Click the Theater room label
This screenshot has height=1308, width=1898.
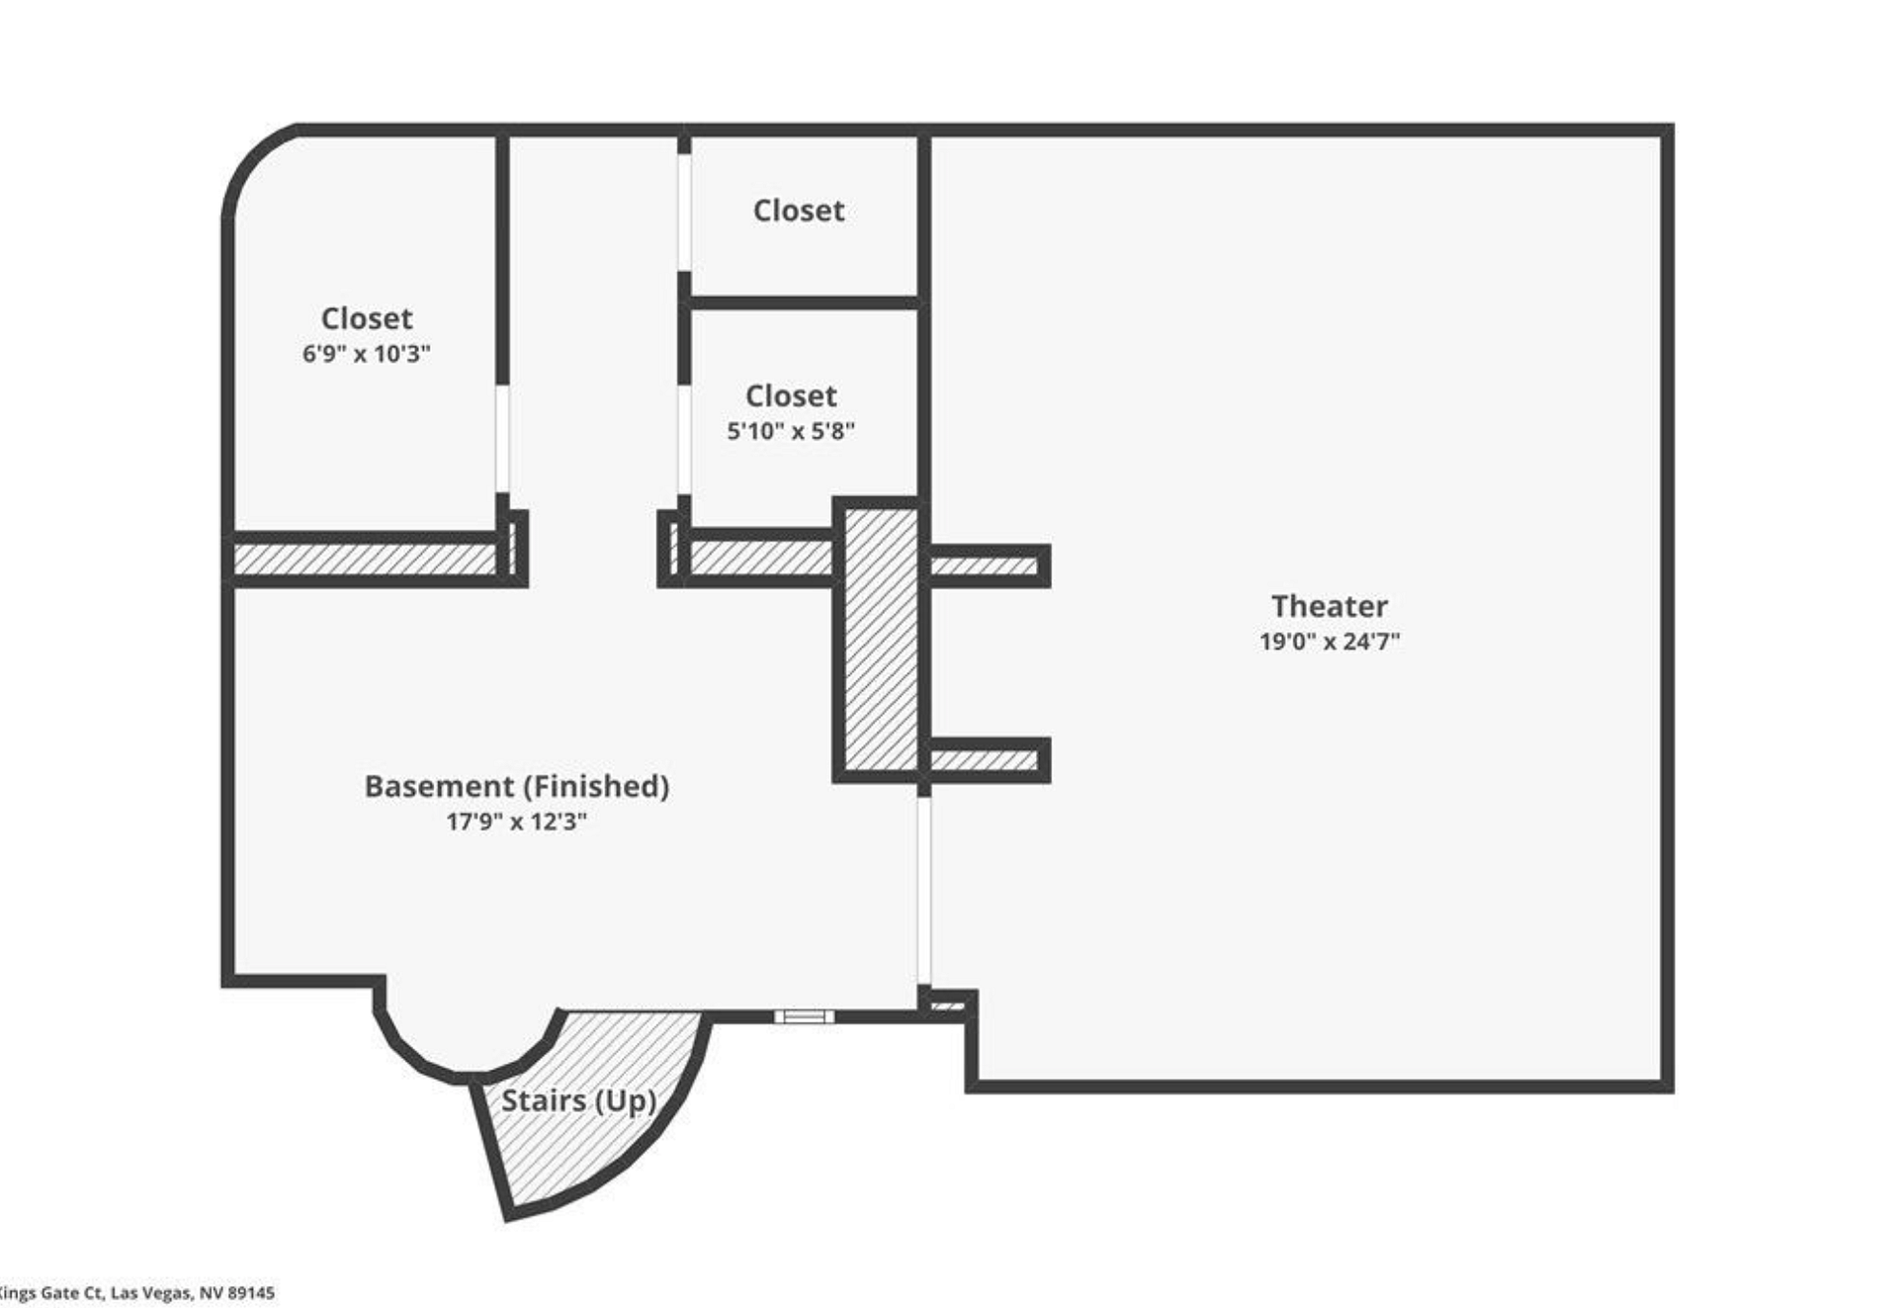pyautogui.click(x=1329, y=605)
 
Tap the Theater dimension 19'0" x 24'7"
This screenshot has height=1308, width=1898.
pyautogui.click(x=1330, y=641)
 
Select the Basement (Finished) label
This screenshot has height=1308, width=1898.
pyautogui.click(x=516, y=786)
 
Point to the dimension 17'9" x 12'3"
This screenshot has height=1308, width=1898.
pyautogui.click(x=516, y=821)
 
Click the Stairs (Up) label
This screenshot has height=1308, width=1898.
pyautogui.click(x=578, y=1100)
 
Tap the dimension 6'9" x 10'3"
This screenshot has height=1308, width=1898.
pyautogui.click(x=366, y=353)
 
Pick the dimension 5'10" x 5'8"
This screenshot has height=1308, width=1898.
pyautogui.click(x=791, y=430)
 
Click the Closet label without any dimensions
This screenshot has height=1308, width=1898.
pyautogui.click(x=799, y=210)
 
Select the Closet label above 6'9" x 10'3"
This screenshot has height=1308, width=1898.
pyautogui.click(x=367, y=318)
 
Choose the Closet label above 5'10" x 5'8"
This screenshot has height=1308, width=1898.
pyautogui.click(x=791, y=395)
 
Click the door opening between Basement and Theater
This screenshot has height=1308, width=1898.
pyautogui.click(x=923, y=891)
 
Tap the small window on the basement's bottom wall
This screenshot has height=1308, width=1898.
pyautogui.click(x=804, y=1016)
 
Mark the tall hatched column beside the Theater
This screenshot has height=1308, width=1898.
pyautogui.click(x=881, y=640)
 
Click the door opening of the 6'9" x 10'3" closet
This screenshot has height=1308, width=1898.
pyautogui.click(x=502, y=438)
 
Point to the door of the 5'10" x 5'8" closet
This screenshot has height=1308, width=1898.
pyautogui.click(x=684, y=439)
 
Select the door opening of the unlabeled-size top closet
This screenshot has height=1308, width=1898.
pyautogui.click(x=684, y=212)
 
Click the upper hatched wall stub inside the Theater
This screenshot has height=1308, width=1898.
pyautogui.click(x=986, y=566)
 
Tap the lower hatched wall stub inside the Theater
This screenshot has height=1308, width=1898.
pyautogui.click(x=986, y=759)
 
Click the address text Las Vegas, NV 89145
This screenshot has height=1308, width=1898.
pyautogui.click(x=193, y=1292)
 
